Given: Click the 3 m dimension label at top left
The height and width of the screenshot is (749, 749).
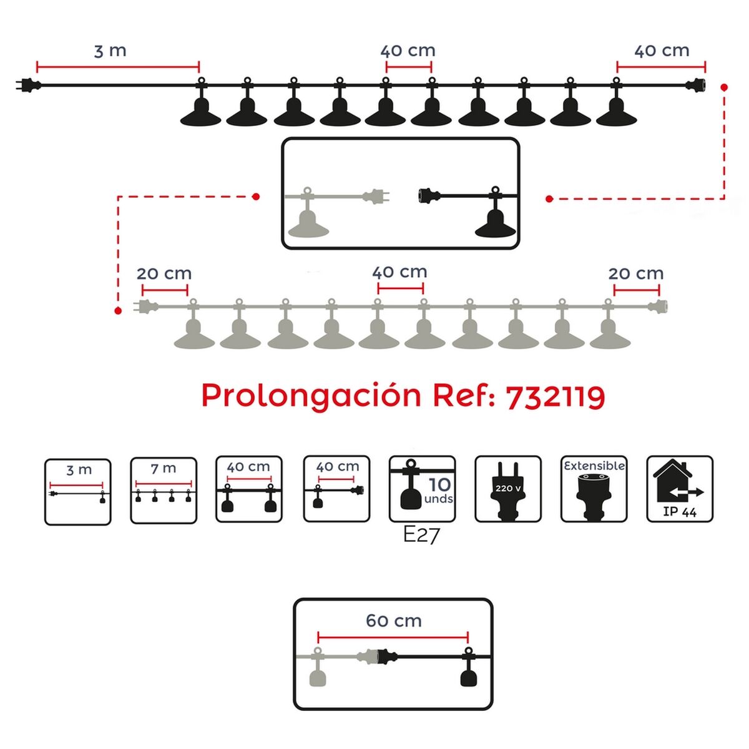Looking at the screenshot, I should pos(110,51).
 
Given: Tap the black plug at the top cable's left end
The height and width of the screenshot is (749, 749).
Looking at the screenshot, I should pos(26,84).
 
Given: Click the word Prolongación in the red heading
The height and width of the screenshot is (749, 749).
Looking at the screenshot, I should pos(311,396).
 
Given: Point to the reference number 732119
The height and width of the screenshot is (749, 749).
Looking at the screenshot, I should pos(555,396).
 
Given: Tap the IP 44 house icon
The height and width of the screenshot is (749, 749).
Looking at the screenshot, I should pos(680,489).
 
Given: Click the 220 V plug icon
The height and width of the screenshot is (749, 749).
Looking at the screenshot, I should pos(508,489).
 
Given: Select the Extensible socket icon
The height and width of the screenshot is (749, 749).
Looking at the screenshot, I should pos(594,489).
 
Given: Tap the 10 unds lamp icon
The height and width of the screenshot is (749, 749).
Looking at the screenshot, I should pos(422,489).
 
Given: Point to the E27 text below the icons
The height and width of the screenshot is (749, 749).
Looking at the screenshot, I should pos(421,535).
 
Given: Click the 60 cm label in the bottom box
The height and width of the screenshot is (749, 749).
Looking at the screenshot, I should pos(393,620).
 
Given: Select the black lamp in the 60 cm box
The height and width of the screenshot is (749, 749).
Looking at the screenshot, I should pos(468,672).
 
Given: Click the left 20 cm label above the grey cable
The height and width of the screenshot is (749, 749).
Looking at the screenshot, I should pos(164,273).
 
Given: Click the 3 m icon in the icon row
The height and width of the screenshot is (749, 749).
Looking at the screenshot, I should pos(78,492).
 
